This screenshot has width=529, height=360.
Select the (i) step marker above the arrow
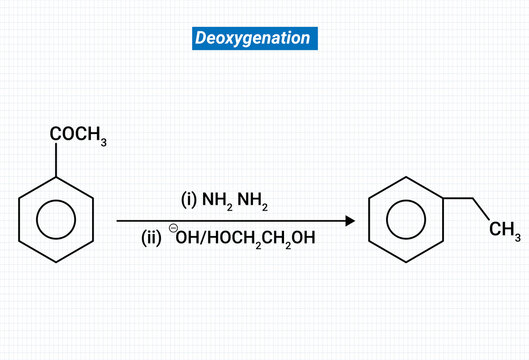click(189, 200)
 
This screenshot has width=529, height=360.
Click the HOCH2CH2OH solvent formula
click(267, 241)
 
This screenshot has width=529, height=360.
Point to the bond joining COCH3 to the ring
click(57, 163)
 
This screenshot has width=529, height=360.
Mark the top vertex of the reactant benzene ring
click(57, 178)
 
